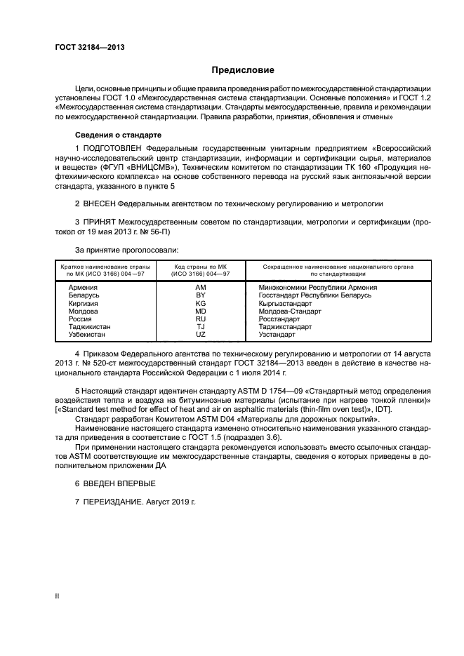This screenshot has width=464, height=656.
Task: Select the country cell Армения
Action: point(83,287)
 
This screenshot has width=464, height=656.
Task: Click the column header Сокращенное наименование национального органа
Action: point(338,267)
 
